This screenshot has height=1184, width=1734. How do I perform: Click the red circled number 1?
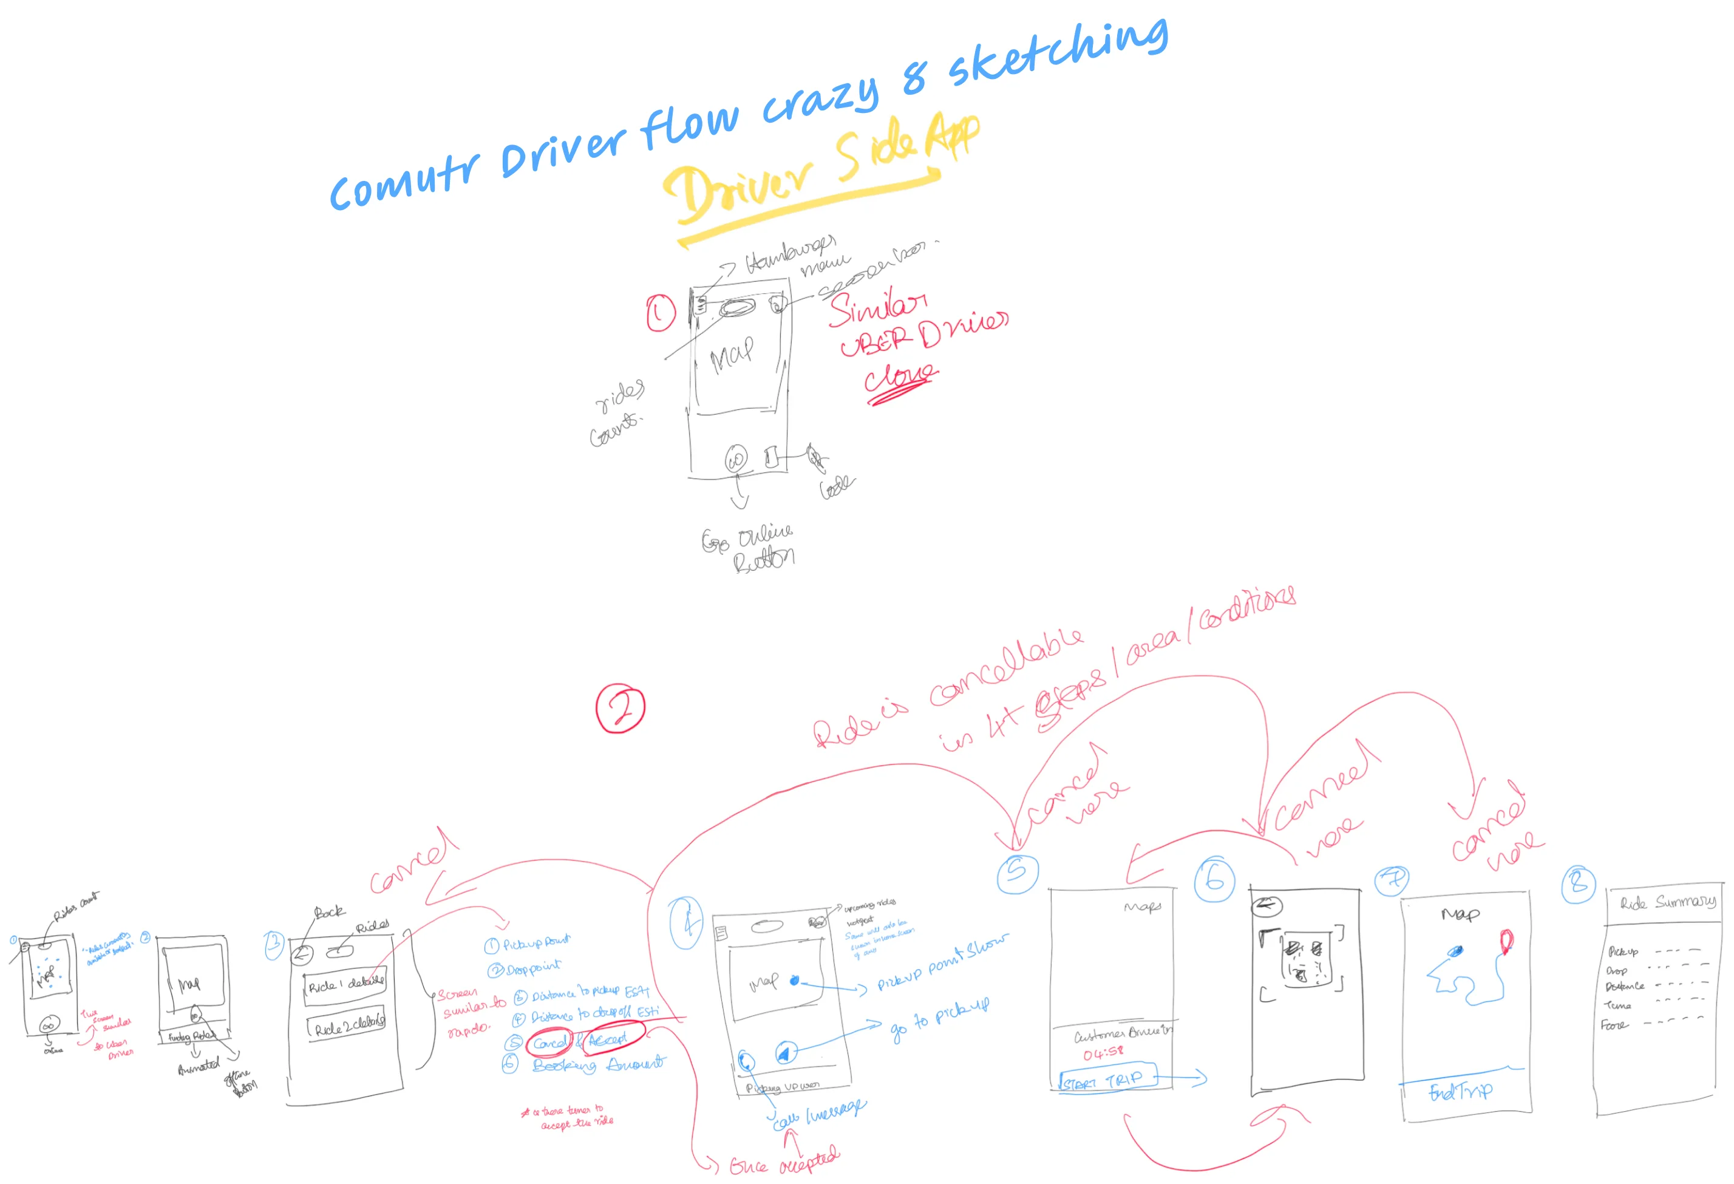(x=661, y=313)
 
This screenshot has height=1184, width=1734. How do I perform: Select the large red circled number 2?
(x=620, y=708)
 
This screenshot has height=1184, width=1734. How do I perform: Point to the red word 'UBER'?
(x=876, y=342)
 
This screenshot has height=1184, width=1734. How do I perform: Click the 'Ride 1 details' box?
(x=345, y=985)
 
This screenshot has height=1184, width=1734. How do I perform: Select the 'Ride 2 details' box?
(x=348, y=1027)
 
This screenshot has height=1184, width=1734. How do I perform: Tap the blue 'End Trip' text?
(x=1460, y=1092)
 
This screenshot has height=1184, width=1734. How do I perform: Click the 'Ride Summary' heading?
(x=1668, y=902)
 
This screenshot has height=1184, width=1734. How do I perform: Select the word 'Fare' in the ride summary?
(x=1613, y=1025)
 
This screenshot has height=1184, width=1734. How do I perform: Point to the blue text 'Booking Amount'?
(x=597, y=1064)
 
